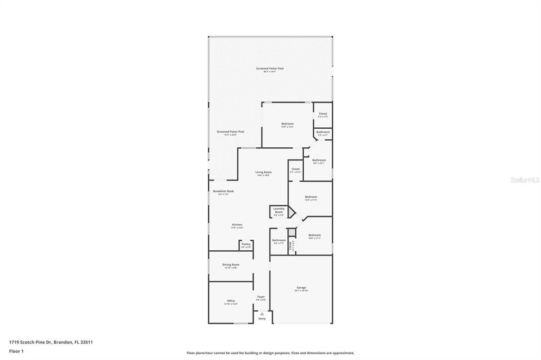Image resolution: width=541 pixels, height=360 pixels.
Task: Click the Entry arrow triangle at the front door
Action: click(x=262, y=314)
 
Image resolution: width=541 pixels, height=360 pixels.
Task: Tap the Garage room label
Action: click(x=301, y=288)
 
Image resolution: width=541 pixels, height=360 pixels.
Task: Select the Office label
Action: click(x=231, y=301)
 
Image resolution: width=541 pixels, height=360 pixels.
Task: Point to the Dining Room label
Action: click(x=230, y=264)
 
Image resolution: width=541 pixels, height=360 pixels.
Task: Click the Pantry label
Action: click(x=246, y=244)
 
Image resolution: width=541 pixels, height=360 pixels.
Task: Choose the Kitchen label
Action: click(x=237, y=225)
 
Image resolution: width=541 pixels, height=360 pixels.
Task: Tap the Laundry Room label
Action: click(x=278, y=210)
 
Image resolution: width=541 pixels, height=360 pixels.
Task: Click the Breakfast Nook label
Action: click(x=223, y=191)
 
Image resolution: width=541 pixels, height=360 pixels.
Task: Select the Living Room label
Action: click(x=263, y=172)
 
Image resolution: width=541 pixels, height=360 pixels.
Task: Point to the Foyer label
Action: click(x=261, y=297)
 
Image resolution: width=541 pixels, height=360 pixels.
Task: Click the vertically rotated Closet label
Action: click(x=290, y=245)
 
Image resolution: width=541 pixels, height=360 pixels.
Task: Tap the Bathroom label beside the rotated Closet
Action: click(x=278, y=240)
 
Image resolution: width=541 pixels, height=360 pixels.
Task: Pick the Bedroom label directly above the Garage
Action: click(x=314, y=235)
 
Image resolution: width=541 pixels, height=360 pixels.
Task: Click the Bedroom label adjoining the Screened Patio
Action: click(x=287, y=124)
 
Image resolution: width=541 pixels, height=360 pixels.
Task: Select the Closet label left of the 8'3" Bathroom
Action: click(x=295, y=169)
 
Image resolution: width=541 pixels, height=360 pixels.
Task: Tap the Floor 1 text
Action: click(x=16, y=351)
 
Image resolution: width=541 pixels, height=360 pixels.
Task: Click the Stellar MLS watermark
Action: click(x=525, y=180)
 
